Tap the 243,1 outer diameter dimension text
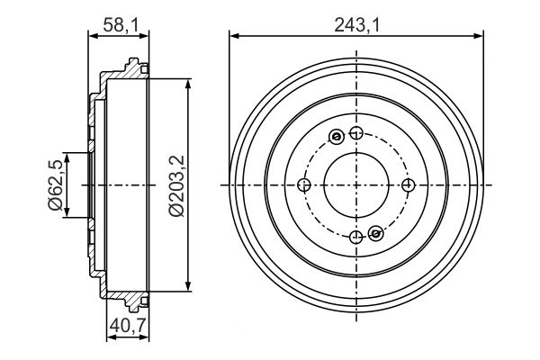355,24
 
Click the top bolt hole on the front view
356,134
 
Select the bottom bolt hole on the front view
356,237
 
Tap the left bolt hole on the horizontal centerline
304,185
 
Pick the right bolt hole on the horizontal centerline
409,185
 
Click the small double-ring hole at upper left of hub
337,137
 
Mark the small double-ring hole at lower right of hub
376,234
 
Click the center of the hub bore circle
356,185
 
